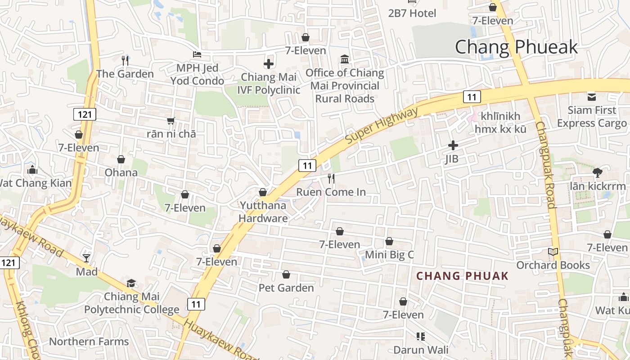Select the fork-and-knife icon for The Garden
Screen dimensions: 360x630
(x=125, y=60)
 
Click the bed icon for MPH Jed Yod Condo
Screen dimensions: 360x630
(x=197, y=54)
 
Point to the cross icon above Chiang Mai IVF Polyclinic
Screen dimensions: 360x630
(x=269, y=64)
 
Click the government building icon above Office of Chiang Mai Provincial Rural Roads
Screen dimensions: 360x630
(x=345, y=59)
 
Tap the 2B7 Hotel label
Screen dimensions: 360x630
(x=412, y=13)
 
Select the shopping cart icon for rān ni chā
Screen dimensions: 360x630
(x=171, y=121)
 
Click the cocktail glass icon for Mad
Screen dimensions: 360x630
(x=86, y=258)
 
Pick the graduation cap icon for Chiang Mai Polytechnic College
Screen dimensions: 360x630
(x=131, y=283)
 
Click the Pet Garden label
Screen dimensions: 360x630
(x=286, y=288)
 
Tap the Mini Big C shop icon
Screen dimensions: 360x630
(x=389, y=242)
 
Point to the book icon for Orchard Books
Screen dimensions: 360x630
(x=553, y=252)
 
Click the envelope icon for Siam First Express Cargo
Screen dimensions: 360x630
(x=591, y=97)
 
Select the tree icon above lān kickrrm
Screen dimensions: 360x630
(x=598, y=172)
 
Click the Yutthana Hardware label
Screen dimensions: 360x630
(x=263, y=212)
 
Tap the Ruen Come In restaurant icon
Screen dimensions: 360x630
(x=331, y=179)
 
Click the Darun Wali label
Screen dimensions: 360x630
(x=421, y=350)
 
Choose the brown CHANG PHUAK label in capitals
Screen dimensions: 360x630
(x=462, y=276)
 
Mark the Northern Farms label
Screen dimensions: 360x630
(x=89, y=342)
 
